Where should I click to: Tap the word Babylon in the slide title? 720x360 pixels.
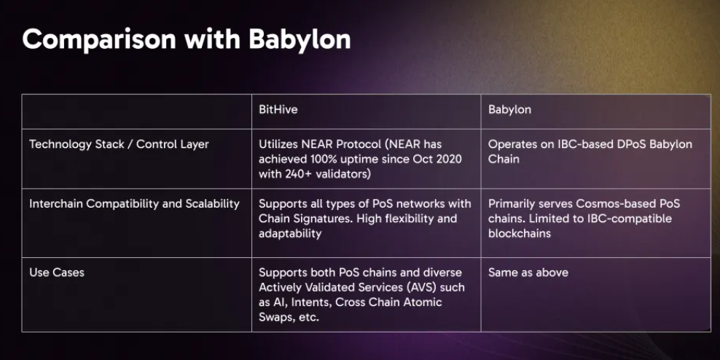click(x=300, y=39)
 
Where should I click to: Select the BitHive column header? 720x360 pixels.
click(x=278, y=109)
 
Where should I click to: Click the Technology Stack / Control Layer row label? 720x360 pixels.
click(x=119, y=144)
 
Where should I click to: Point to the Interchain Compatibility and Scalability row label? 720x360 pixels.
click(x=134, y=204)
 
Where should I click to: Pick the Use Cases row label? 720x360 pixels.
click(x=57, y=273)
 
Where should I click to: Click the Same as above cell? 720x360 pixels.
click(x=528, y=273)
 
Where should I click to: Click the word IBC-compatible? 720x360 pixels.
click(x=630, y=219)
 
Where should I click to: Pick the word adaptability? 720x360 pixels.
click(x=290, y=233)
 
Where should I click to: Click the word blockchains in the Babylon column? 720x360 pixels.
click(x=520, y=233)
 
